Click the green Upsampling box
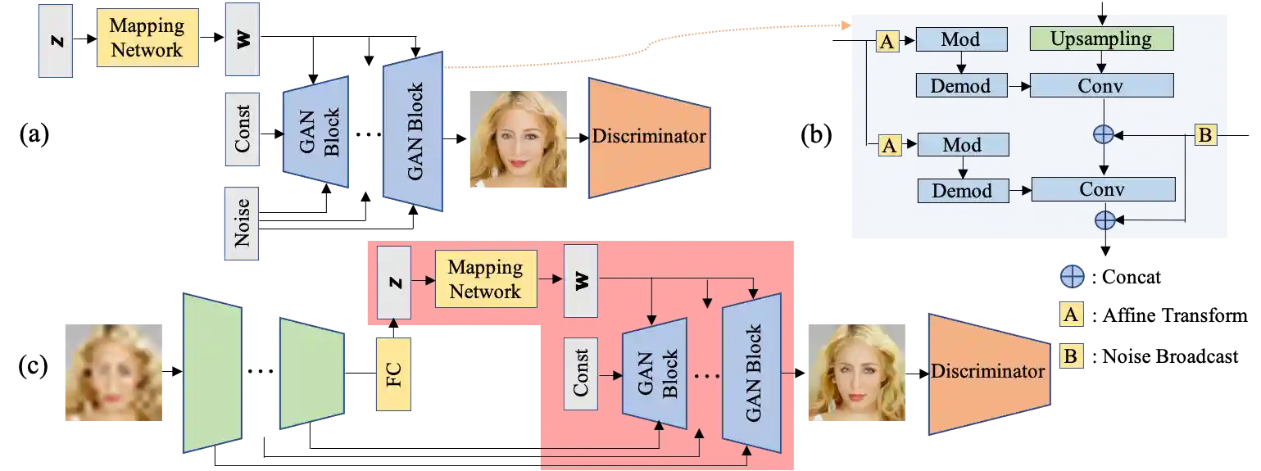coord(1101,38)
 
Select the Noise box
coord(243,223)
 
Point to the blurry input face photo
coord(111,373)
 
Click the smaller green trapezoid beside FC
coord(311,374)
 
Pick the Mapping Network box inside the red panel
coord(485,279)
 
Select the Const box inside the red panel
coord(581,373)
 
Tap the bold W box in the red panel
coord(581,280)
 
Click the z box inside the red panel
coord(394,283)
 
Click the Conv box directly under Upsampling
coord(1101,85)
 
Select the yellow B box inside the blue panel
coord(1204,134)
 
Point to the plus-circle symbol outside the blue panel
coord(1072,278)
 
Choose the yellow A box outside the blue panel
coord(1072,314)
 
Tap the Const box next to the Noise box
coord(243,130)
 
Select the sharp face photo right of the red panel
coord(848,373)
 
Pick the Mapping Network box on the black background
coord(147,38)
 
